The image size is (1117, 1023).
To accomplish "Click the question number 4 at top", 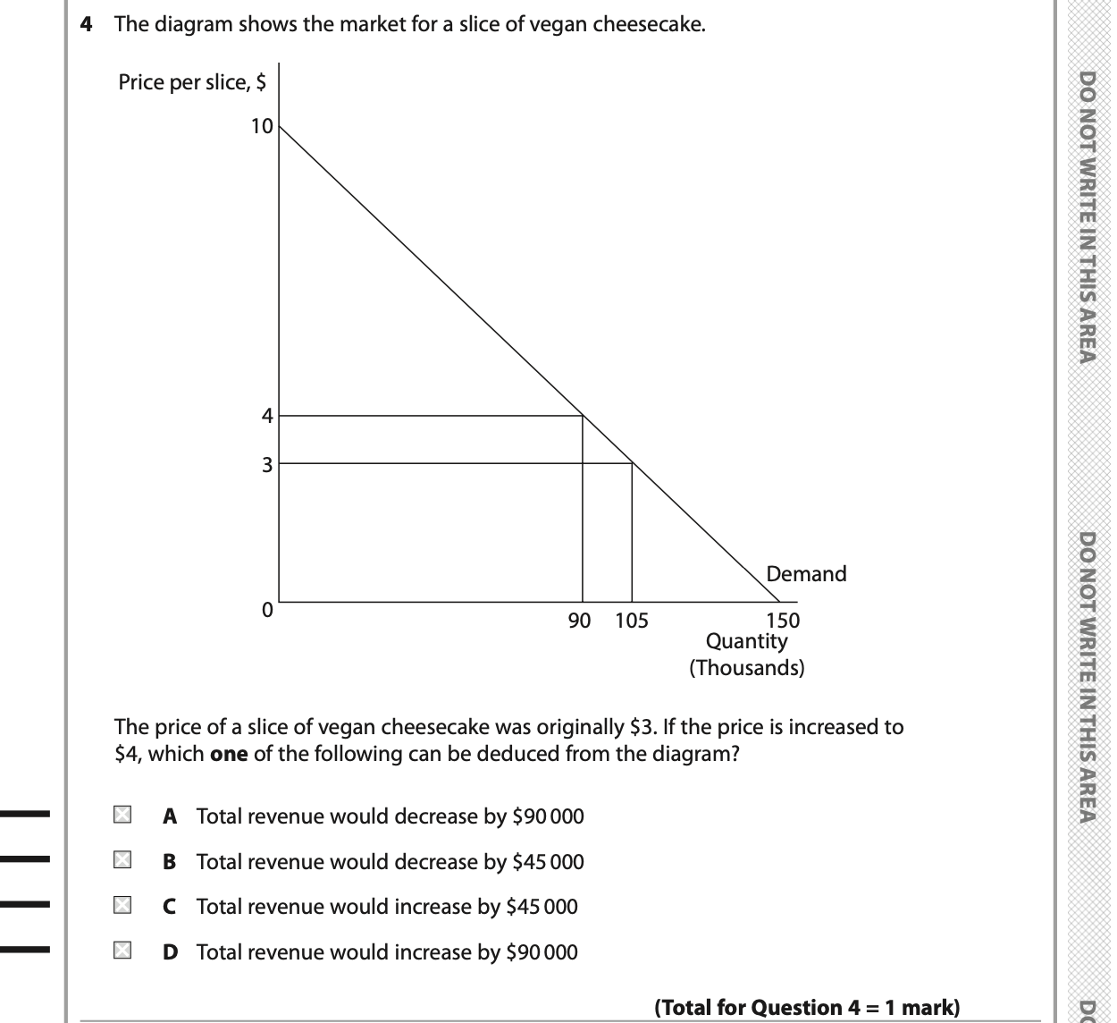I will (87, 24).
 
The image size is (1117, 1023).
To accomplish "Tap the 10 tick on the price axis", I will (262, 126).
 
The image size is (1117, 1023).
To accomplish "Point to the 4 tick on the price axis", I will (266, 415).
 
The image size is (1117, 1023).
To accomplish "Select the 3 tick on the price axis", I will (266, 464).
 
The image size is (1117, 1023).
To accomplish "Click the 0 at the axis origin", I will (266, 610).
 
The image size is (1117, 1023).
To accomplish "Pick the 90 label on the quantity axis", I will (580, 621).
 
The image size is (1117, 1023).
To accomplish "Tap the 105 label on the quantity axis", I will (632, 621).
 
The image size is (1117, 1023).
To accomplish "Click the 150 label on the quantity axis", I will (784, 621).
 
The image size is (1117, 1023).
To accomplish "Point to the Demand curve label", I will (806, 574).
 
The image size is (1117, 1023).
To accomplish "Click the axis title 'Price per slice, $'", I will (192, 82).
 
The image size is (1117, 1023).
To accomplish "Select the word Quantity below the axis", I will (747, 641).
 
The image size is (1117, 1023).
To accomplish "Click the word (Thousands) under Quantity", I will (747, 668).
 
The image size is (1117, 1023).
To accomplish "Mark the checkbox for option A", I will (122, 815).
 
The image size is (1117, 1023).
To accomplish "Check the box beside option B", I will (122, 860).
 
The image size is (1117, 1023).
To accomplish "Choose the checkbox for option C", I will (122, 905).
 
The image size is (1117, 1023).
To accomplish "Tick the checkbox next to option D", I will (122, 951).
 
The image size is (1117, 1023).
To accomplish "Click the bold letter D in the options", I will (170, 952).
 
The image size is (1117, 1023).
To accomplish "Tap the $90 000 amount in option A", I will (548, 816).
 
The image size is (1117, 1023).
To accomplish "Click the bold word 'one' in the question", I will (229, 754).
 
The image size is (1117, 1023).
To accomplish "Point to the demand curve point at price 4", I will (583, 415).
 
